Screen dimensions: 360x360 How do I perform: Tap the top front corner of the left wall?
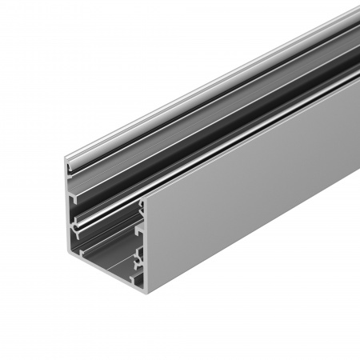click(66, 158)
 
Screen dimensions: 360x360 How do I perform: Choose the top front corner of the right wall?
click(144, 200)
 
